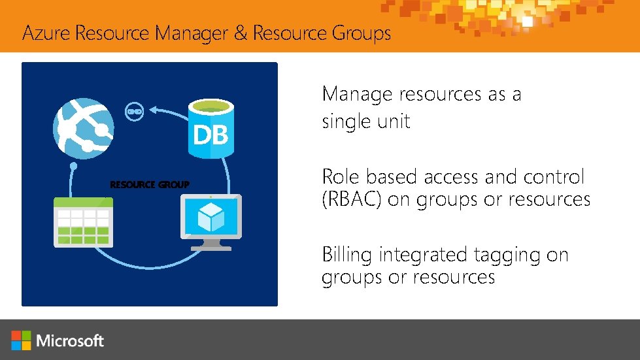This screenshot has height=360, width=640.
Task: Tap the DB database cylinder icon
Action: (x=211, y=127)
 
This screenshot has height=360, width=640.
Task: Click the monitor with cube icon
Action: (x=211, y=221)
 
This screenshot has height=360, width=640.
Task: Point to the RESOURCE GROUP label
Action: (x=150, y=185)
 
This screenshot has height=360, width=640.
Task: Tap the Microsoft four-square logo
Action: (x=21, y=340)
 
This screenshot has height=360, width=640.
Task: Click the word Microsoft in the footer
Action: (x=70, y=340)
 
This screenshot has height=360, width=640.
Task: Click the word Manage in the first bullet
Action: (x=356, y=95)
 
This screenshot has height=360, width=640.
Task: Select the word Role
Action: (x=341, y=176)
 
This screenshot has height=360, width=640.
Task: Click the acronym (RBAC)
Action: (x=352, y=199)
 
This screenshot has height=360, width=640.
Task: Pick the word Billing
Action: (x=348, y=254)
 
